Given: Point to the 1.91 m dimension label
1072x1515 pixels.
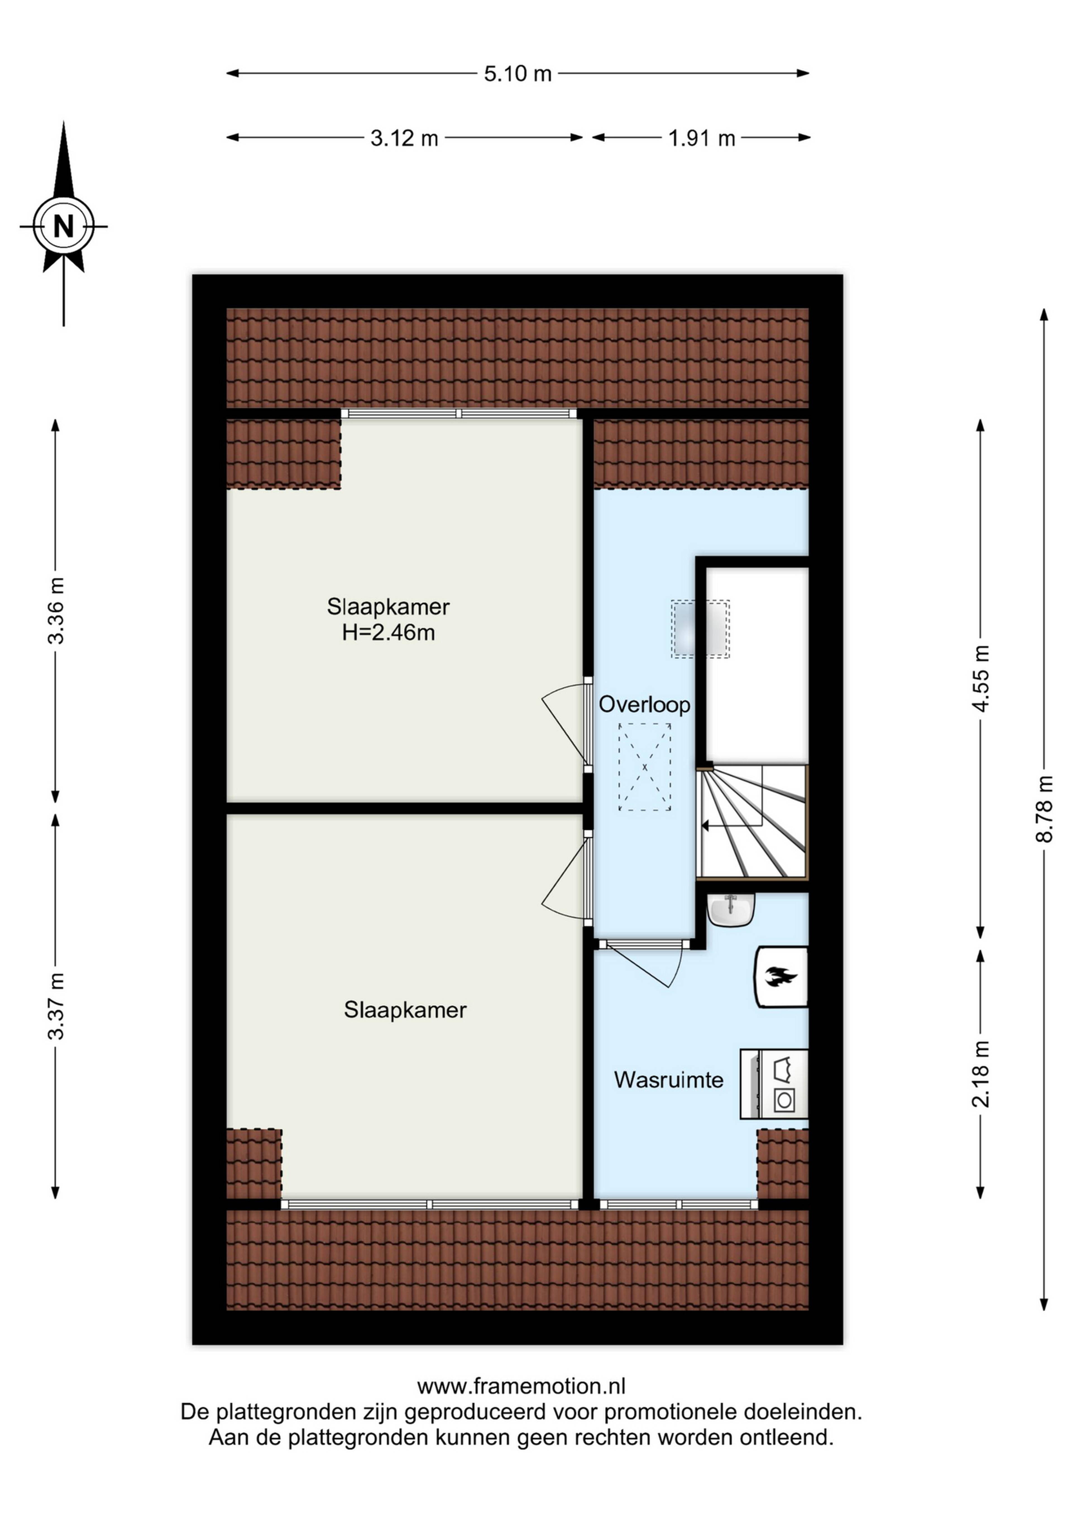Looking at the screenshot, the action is tap(702, 138).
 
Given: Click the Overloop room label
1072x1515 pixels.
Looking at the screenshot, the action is tap(644, 705).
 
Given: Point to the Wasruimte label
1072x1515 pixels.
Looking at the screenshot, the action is tap(669, 1080).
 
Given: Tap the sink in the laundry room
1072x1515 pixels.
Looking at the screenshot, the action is tap(731, 911).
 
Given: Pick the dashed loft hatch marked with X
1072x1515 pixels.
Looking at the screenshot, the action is tap(644, 767).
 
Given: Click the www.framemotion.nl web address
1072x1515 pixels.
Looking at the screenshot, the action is tap(521, 1386).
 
